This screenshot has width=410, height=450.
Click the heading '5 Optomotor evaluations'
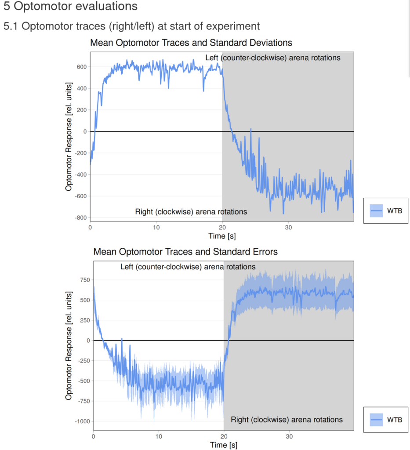[x=70, y=7]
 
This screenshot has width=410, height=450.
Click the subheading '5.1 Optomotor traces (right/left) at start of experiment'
[x=131, y=26]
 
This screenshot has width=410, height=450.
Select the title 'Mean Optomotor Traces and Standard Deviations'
[x=191, y=43]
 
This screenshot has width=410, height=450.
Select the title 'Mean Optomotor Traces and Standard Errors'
[x=185, y=252]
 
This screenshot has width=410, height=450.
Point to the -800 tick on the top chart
[x=80, y=218]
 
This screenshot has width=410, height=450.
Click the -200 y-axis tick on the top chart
[x=80, y=153]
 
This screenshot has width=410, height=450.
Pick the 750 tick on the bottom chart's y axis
[x=83, y=280]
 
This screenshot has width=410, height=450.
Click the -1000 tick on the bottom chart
[x=81, y=421]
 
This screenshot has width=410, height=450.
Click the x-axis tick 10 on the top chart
[x=156, y=227]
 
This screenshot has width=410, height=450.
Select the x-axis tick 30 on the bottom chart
[x=289, y=437]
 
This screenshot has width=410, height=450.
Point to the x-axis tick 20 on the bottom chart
[x=224, y=437]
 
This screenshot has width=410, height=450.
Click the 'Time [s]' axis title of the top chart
[x=222, y=236]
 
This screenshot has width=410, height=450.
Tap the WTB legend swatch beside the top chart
[x=376, y=211]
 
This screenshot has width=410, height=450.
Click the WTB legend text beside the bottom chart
[x=394, y=420]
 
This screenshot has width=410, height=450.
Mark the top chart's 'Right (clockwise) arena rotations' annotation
[x=191, y=212]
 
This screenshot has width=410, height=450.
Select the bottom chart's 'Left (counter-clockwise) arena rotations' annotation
[x=188, y=267]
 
